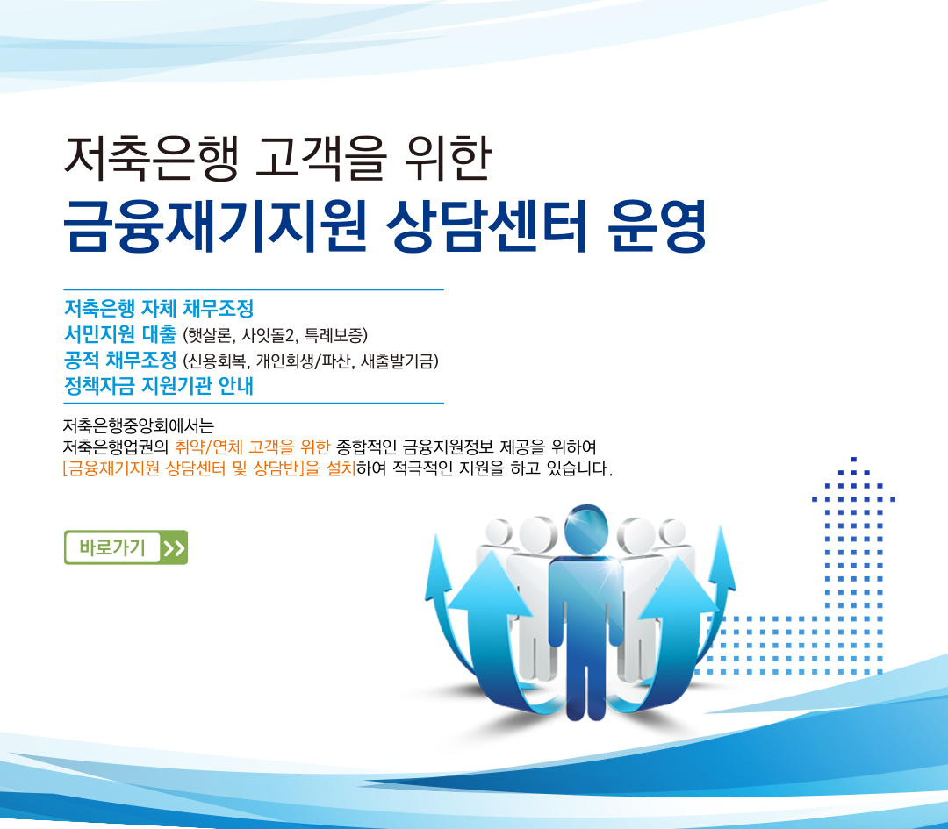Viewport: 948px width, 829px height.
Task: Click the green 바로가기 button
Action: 126,547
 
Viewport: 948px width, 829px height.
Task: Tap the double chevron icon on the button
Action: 174,548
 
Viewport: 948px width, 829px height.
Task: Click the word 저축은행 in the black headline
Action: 151,158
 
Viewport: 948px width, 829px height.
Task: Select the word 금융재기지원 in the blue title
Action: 215,225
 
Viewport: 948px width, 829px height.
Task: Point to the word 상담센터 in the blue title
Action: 486,225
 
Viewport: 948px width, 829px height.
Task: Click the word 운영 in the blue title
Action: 657,225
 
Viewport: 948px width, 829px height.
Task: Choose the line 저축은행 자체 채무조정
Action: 159,308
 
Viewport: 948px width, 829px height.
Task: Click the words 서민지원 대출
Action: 120,334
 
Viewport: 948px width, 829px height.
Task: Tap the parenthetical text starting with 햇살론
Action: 275,335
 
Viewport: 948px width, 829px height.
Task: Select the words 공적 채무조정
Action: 120,361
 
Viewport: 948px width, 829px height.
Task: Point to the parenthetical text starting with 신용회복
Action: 310,361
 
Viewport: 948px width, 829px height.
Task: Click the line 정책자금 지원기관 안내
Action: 159,386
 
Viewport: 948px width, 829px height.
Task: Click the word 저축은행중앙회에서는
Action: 139,426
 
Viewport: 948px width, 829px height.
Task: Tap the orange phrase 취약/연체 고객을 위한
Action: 252,447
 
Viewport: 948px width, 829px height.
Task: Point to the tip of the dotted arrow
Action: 854,459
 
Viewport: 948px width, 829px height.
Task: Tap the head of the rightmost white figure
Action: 671,532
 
